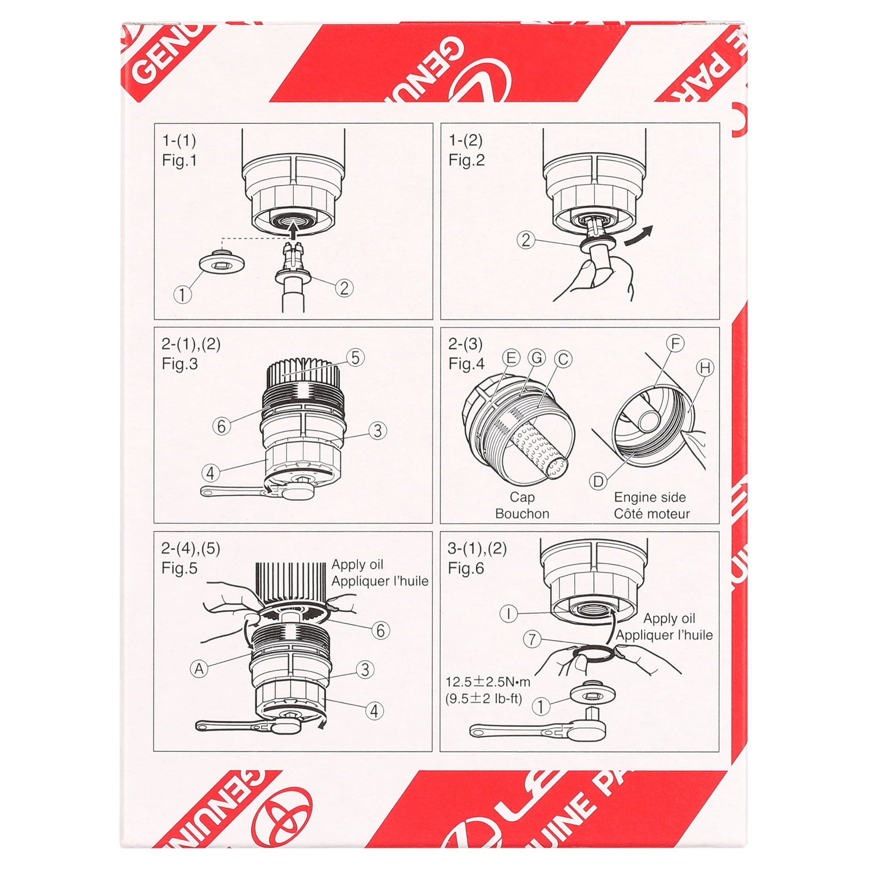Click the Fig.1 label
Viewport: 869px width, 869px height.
tap(179, 161)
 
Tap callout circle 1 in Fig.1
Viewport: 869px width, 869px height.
tap(182, 295)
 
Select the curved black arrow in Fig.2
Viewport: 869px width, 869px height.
tap(638, 237)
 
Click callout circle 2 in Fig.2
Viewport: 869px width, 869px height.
tap(526, 240)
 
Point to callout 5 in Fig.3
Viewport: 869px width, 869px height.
tap(355, 358)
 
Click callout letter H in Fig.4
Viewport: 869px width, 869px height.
tap(705, 368)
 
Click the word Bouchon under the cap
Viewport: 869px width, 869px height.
tap(522, 513)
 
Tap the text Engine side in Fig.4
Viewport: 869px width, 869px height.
tap(649, 497)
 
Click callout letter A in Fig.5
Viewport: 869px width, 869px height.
tap(199, 669)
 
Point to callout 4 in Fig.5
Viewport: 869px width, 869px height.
tap(374, 711)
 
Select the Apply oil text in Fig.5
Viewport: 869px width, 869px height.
tap(357, 564)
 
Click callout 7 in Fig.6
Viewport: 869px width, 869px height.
tap(532, 639)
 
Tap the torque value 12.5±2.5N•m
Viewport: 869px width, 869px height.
tap(487, 682)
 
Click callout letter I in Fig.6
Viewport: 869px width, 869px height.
tap(509, 613)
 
